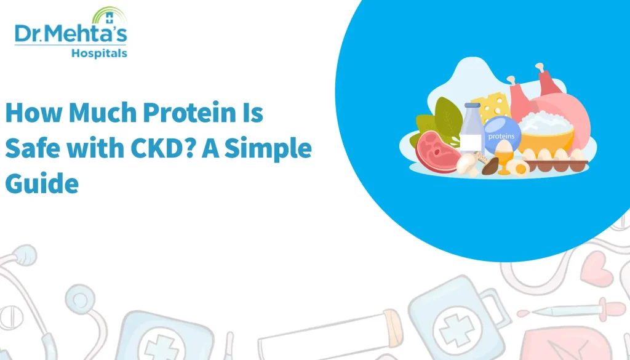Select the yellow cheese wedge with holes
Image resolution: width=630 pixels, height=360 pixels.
point(492,107)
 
